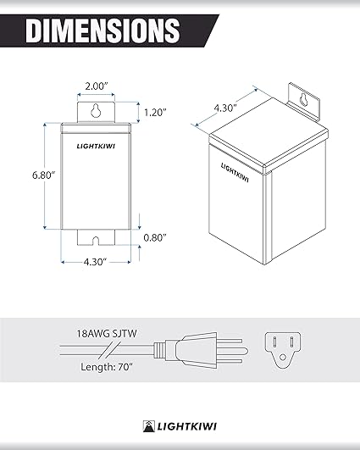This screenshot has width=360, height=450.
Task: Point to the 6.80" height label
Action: click(29, 175)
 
